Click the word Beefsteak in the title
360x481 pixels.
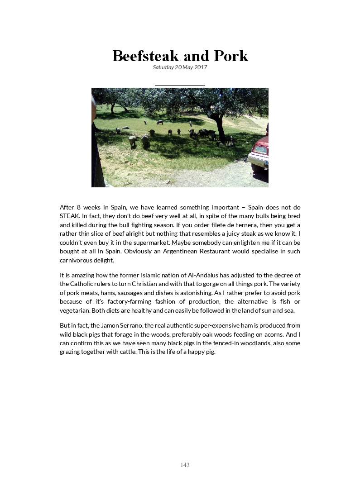point(145,56)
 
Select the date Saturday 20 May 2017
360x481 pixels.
point(180,67)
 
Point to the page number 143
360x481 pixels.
point(185,465)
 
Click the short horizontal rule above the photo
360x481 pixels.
point(180,85)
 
